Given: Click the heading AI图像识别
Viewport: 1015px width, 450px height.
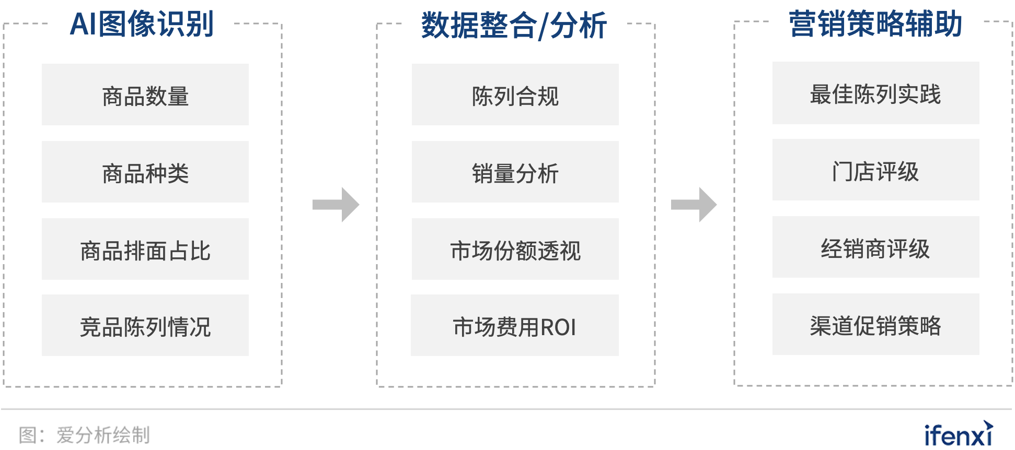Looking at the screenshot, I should (x=142, y=24).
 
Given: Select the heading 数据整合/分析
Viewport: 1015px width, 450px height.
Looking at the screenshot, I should (x=514, y=25).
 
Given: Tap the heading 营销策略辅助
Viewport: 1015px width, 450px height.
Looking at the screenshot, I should (x=875, y=24).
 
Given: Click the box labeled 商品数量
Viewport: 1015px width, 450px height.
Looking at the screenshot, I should (x=145, y=95).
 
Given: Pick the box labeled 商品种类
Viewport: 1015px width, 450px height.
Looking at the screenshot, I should (x=145, y=172).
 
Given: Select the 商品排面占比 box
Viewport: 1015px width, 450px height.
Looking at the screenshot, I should (x=145, y=250).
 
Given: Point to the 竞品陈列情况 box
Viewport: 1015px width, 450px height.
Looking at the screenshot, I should (x=145, y=326).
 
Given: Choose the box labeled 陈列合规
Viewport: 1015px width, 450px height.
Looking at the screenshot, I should (x=515, y=95).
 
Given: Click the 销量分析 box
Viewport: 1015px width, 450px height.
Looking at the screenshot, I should (x=515, y=172).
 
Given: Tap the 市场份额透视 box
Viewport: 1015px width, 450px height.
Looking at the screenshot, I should (x=515, y=250).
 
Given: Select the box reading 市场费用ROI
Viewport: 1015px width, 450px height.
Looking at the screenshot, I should (x=515, y=326).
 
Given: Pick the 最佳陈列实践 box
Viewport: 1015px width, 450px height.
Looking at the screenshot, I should (x=875, y=93).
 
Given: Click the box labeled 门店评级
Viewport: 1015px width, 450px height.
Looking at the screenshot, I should (x=875, y=170).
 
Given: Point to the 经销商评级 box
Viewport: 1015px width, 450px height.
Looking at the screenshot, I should (x=875, y=247).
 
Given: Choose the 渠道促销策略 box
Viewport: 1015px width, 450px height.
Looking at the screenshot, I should (x=875, y=325).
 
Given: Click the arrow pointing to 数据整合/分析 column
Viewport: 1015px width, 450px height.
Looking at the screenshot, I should (x=336, y=205).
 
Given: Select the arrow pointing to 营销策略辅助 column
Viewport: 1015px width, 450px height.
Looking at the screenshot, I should (x=694, y=205).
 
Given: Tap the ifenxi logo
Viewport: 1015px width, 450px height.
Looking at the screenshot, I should (x=959, y=434).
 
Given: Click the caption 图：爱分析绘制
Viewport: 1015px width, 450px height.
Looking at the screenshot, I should (x=85, y=435).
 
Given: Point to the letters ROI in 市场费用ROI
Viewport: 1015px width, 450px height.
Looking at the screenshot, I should (x=558, y=327).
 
